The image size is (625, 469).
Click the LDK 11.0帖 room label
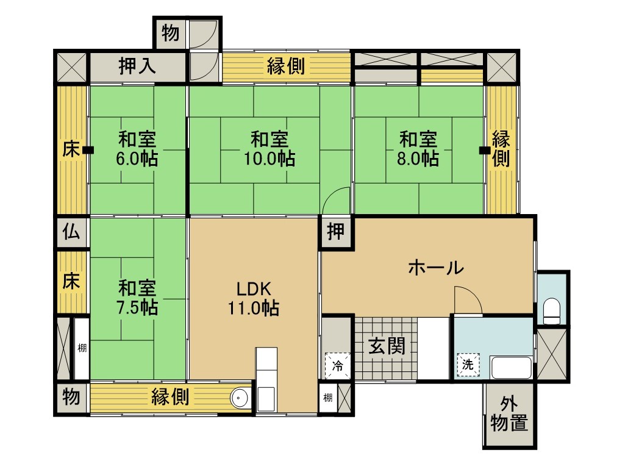coord(254,298)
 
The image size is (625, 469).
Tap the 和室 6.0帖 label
coord(137,149)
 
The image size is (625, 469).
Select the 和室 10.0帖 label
coord(270,149)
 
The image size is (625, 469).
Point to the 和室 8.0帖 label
coord(418,149)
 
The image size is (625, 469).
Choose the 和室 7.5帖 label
coord(137,298)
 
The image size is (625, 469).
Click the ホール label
coord(436,268)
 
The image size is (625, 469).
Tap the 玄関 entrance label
coord(387,346)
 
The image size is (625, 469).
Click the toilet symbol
coord(552,311)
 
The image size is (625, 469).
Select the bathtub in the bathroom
coord(512,368)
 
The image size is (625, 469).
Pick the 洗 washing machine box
coord(468,364)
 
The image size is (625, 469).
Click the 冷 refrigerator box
coord(338,365)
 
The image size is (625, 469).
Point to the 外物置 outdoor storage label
coord(509,415)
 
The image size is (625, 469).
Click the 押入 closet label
coord(137,66)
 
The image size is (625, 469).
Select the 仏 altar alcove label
coord(71,232)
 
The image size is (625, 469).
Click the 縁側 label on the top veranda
coord(286,66)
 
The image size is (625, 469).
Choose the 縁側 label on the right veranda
coord(501,148)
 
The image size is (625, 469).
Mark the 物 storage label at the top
coord(170,33)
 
